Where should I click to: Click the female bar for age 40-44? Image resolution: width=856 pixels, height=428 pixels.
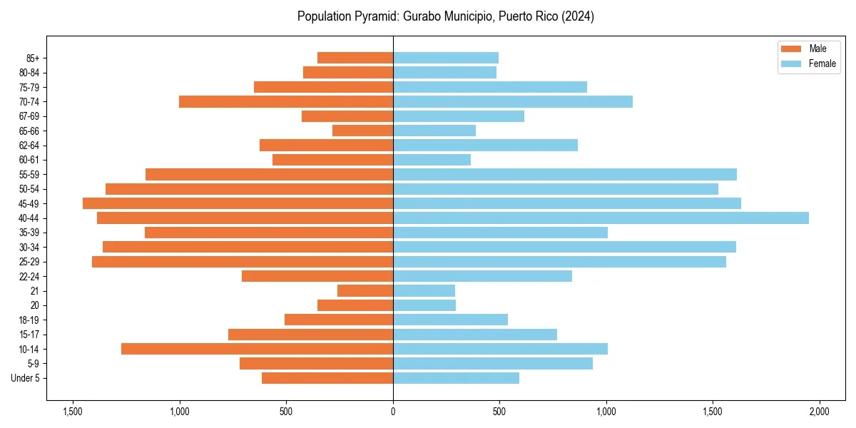coord(601,218)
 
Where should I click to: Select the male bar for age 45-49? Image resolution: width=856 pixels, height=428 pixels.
coord(238,203)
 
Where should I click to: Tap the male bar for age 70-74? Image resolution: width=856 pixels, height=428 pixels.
coord(286,102)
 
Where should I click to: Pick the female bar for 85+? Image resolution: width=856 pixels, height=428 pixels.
coord(446,58)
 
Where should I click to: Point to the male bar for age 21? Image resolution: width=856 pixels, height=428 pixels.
coord(365,291)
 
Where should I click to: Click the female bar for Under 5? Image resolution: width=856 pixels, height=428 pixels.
coord(456,378)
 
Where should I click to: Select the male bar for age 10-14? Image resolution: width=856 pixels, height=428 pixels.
coord(257,349)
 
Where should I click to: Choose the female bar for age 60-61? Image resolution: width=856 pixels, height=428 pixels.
coord(432,160)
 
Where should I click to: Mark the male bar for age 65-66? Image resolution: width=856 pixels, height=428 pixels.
coord(362,131)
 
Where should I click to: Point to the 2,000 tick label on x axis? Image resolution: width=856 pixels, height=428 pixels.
coord(820,412)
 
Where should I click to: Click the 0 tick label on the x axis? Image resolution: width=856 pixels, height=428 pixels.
coord(393,412)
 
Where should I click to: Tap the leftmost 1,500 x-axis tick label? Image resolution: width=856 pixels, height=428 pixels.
coord(72,412)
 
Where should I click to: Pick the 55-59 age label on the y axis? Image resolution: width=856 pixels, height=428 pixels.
coord(29,175)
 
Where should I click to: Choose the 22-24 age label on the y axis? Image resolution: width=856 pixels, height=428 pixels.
coord(29,277)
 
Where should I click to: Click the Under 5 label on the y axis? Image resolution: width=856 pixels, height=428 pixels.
coord(25,378)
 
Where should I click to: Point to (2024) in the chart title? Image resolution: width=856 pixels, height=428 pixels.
coord(579,16)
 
